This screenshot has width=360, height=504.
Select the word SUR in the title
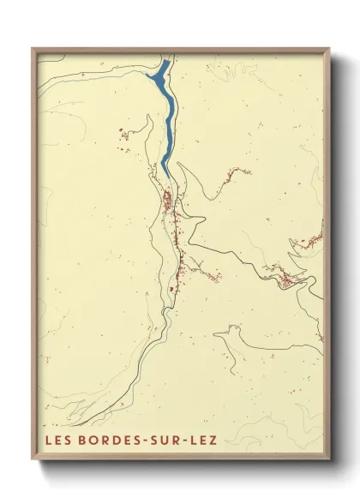[x=169, y=441]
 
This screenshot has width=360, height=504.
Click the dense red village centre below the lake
[x=168, y=204]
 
